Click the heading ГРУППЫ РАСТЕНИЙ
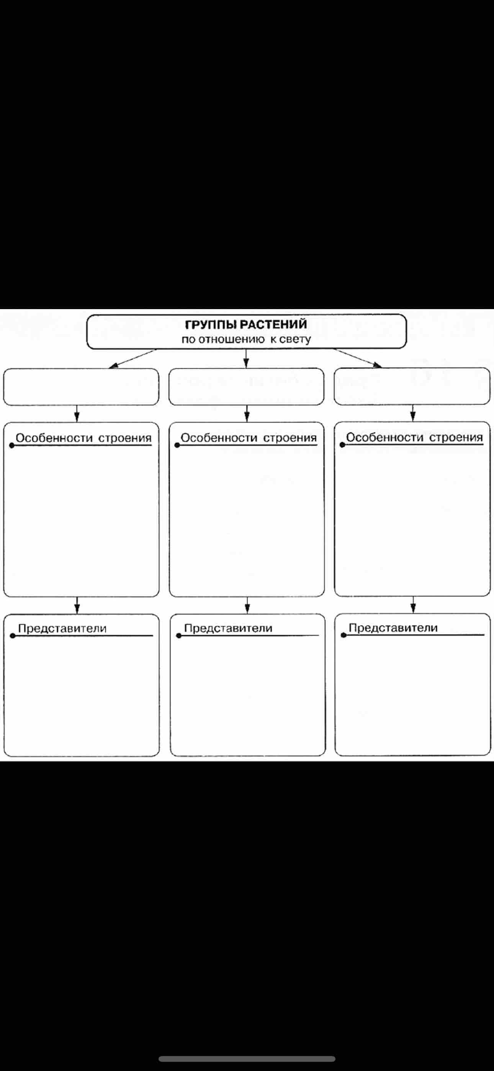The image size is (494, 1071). tap(246, 324)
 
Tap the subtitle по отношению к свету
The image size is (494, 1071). tap(246, 339)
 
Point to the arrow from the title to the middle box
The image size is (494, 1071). tap(246, 359)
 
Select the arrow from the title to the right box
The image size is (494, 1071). tap(358, 359)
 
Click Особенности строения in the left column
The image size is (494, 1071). tap(83, 438)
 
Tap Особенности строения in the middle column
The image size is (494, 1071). tap(249, 438)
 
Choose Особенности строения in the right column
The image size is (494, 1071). tap(414, 437)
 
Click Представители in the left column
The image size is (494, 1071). tap(62, 628)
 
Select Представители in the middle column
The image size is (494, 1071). tap(228, 628)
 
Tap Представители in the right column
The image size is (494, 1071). tap(393, 628)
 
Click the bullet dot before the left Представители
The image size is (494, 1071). tap(13, 636)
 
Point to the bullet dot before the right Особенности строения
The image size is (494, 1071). tap(343, 445)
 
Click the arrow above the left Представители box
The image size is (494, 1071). tap(77, 605)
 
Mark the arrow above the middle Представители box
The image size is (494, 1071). tap(247, 605)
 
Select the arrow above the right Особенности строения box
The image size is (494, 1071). tap(413, 413)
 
